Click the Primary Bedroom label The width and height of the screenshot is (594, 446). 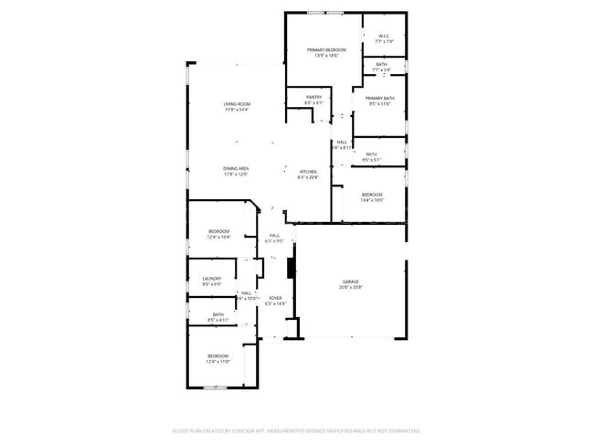[326, 49]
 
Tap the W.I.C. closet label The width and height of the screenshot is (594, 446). [385, 37]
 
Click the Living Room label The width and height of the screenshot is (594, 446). [237, 104]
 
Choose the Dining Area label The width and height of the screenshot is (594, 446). [236, 168]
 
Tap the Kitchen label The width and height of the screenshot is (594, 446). [308, 172]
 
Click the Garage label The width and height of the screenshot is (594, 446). [351, 281]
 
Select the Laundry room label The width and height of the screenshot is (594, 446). [211, 279]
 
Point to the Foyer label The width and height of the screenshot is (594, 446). [274, 298]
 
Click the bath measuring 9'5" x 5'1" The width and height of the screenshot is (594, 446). [371, 156]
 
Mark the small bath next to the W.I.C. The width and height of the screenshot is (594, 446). [381, 66]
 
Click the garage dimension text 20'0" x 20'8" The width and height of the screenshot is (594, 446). [351, 287]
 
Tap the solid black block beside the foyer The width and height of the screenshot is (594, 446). [292, 268]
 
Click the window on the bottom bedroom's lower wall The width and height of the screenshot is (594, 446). [214, 388]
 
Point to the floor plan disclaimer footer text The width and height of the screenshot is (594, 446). [296, 430]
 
